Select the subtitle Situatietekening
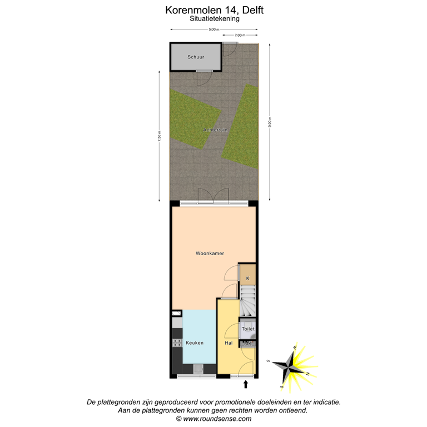click(214, 18)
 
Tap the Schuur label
click(195, 57)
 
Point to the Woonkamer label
click(210, 254)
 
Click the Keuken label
click(195, 343)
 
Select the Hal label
click(229, 343)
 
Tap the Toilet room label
click(248, 329)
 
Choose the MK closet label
click(248, 344)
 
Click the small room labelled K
click(247, 278)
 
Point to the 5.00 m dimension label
click(214, 29)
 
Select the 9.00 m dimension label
click(270, 122)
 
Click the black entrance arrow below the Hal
click(246, 384)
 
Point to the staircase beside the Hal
click(248, 300)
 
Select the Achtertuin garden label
click(214, 130)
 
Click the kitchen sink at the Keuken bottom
click(198, 369)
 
